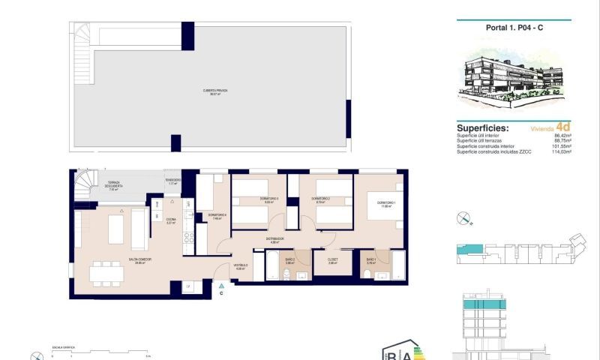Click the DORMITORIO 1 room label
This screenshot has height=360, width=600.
(386, 203)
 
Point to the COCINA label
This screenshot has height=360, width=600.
(170, 220)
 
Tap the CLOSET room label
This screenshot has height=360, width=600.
(333, 260)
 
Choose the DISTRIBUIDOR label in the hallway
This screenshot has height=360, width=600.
(275, 240)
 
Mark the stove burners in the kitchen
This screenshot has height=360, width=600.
(189, 241)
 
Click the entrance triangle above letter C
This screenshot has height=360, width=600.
(220, 285)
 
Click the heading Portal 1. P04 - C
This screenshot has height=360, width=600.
(513, 28)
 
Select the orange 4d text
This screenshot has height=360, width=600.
(563, 127)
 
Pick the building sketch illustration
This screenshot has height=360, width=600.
(513, 78)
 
